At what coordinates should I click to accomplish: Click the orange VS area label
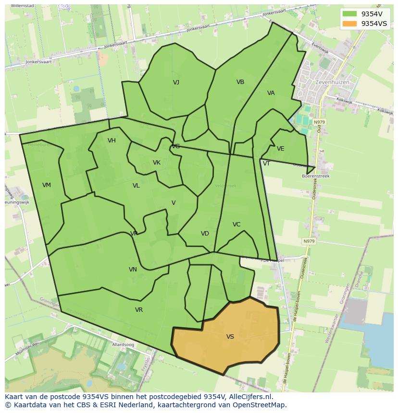(230, 337)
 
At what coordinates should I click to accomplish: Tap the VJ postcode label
(176, 83)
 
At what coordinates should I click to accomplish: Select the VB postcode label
(240, 82)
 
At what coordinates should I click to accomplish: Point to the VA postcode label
(271, 93)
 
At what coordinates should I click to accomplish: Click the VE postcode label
(281, 149)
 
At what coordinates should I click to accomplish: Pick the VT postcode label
(266, 164)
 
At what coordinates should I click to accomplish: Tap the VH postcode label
(112, 141)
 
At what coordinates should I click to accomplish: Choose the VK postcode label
(157, 163)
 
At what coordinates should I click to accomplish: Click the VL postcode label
(136, 186)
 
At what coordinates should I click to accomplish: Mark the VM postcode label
(47, 185)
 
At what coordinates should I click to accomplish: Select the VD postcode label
(205, 234)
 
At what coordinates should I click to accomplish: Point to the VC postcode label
(236, 224)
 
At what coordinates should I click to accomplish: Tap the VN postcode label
(133, 270)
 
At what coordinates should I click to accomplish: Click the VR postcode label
(139, 310)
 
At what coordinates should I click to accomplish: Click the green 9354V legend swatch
(350, 14)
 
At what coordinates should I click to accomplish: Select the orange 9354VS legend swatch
(350, 24)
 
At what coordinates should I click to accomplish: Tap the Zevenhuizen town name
(332, 83)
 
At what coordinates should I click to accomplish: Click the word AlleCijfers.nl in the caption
(251, 397)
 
